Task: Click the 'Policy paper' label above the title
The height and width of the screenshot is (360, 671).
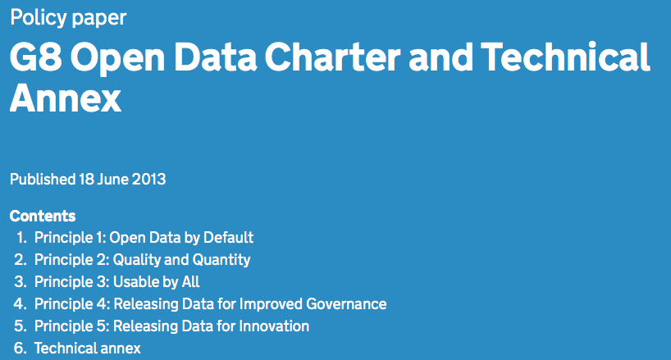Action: click(x=68, y=18)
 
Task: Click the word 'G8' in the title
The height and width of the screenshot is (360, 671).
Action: click(x=35, y=57)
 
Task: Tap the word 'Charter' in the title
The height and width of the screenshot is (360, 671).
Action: click(x=332, y=57)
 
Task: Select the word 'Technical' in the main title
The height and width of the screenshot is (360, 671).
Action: click(x=566, y=57)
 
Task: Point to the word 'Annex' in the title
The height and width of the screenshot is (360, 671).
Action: click(x=66, y=98)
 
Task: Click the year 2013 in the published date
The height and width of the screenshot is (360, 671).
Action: click(x=148, y=179)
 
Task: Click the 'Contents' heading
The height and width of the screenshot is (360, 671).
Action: click(x=43, y=216)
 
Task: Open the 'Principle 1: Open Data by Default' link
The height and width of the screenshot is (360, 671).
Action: click(x=144, y=238)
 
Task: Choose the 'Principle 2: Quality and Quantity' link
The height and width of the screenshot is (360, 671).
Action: click(x=143, y=260)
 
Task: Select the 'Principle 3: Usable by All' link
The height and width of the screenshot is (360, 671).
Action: click(x=116, y=282)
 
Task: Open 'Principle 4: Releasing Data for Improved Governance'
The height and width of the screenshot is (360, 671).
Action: click(x=211, y=304)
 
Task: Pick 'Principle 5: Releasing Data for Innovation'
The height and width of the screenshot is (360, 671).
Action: click(x=171, y=326)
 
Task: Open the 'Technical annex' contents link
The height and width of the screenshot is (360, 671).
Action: click(x=87, y=349)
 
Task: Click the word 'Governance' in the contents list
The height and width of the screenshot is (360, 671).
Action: click(x=347, y=304)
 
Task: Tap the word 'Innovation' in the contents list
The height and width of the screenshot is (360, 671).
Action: click(x=274, y=326)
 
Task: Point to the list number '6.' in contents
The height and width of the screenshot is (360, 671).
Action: click(x=21, y=349)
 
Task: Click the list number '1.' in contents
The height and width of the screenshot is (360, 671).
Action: click(x=22, y=238)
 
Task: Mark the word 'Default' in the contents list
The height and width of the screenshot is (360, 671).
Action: click(x=229, y=238)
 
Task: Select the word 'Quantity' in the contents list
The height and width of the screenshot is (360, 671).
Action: click(x=221, y=260)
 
